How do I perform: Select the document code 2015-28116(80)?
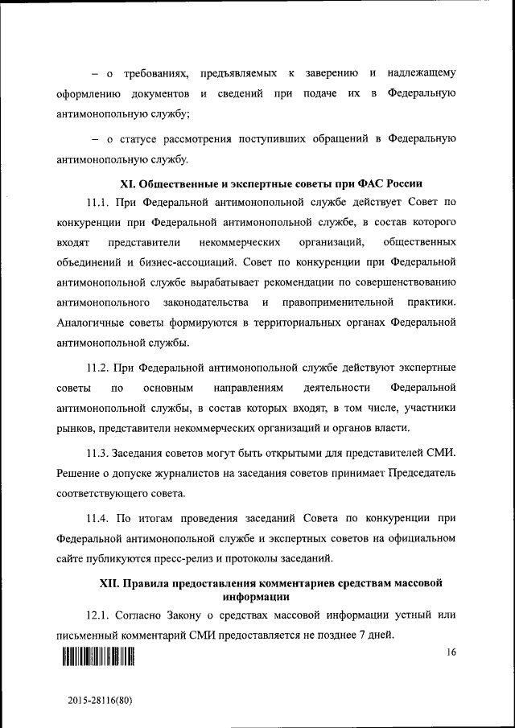click(99, 701)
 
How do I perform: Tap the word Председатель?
click(422, 471)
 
